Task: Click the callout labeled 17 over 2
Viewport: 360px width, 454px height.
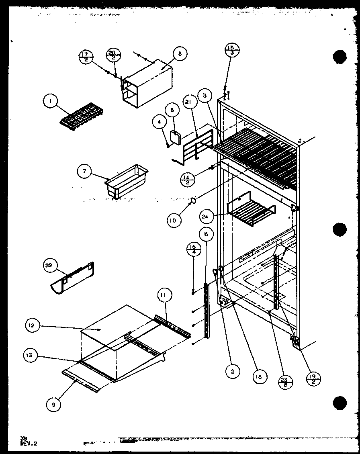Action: pos(86,57)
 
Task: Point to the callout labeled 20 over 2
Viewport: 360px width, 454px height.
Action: pos(113,55)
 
